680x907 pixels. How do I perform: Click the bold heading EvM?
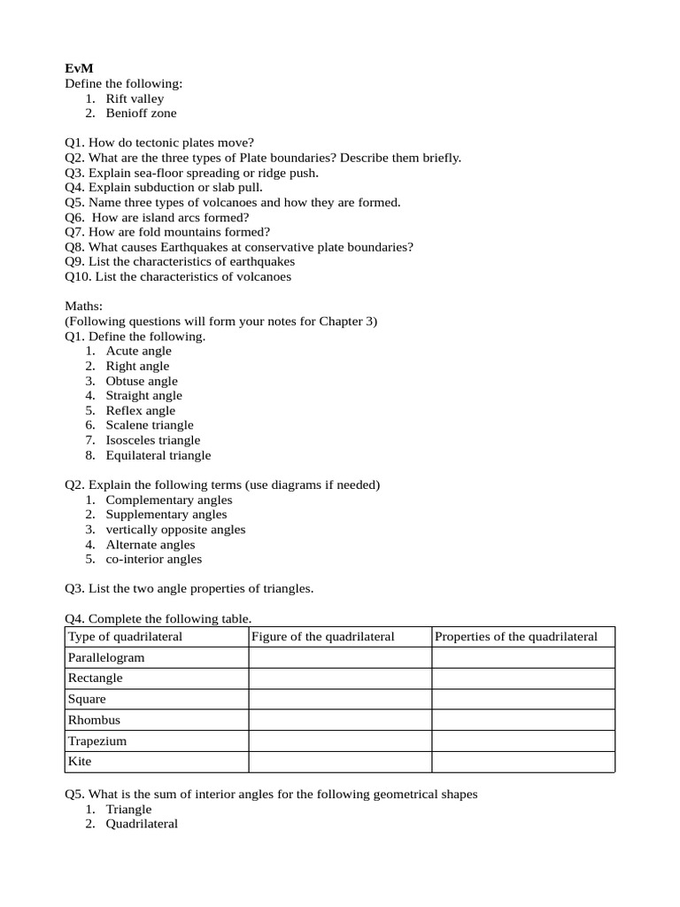tap(78, 68)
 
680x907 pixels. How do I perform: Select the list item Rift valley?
tap(135, 98)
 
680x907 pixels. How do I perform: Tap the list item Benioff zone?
tap(141, 113)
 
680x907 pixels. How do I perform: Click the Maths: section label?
tap(84, 306)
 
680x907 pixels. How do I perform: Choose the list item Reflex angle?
tap(140, 410)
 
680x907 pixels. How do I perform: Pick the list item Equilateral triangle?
tap(158, 455)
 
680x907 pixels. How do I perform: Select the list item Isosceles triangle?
tap(153, 440)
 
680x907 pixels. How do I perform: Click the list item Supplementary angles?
tap(166, 515)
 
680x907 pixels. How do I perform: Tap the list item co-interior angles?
tap(154, 559)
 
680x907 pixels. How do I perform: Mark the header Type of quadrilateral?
tap(125, 637)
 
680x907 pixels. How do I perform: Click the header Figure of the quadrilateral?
tap(323, 637)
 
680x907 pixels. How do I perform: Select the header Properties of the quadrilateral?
tap(516, 637)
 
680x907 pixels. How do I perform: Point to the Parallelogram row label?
tap(106, 658)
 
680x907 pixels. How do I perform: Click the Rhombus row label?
tap(94, 720)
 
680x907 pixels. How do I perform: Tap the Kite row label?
tap(80, 761)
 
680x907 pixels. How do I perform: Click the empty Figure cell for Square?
tap(340, 700)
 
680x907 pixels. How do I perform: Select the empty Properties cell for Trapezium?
tap(522, 740)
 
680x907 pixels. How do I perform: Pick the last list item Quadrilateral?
tap(142, 824)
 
